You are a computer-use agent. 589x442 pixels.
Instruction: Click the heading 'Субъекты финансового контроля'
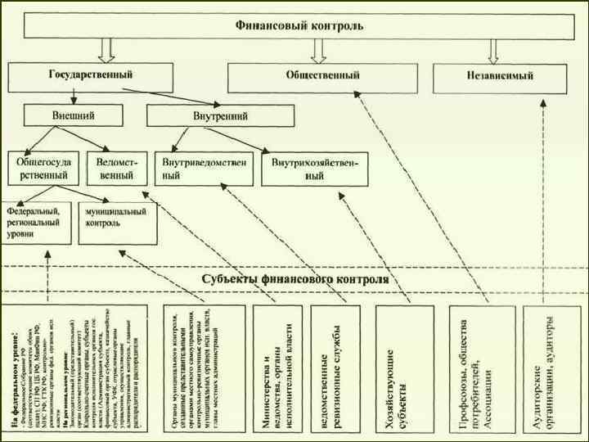[x=295, y=279]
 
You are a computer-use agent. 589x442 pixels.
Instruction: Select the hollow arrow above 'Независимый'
[x=493, y=52]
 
